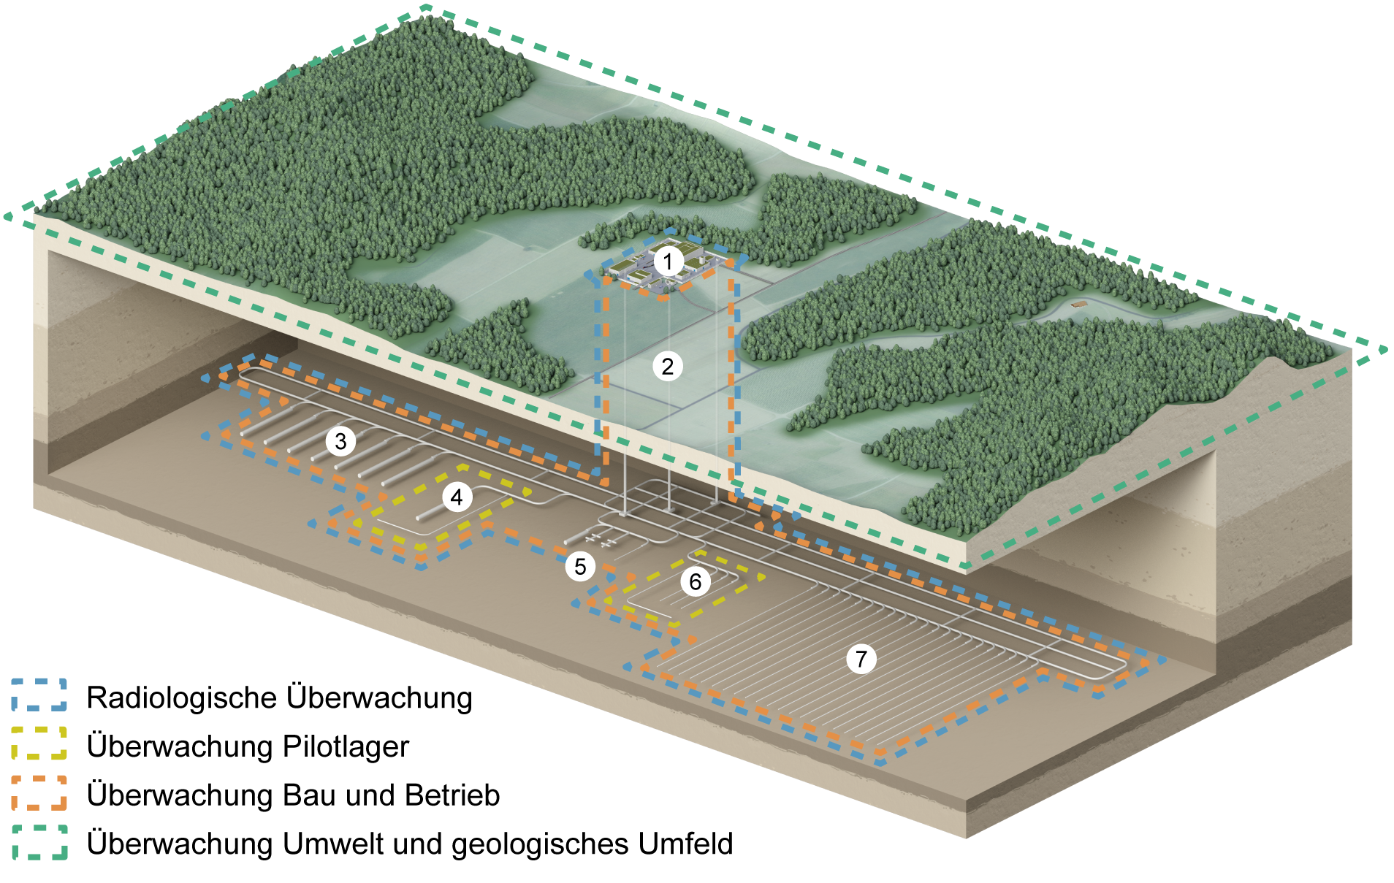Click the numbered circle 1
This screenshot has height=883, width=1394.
[668, 261]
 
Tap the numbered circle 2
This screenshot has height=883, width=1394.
[668, 366]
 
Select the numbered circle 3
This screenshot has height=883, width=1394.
[340, 441]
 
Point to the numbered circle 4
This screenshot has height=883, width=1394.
[457, 497]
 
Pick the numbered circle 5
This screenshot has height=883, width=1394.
[580, 566]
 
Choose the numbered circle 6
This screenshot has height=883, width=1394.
[696, 581]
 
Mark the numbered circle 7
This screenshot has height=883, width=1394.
[861, 659]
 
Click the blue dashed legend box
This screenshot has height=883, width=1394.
[39, 695]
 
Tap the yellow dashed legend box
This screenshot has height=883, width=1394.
[39, 744]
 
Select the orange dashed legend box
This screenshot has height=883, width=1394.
[39, 793]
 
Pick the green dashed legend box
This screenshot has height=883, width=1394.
[39, 842]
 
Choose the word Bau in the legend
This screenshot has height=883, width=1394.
[310, 795]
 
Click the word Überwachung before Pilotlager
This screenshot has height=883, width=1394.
[180, 746]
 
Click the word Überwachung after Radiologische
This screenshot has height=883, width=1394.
[379, 697]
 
